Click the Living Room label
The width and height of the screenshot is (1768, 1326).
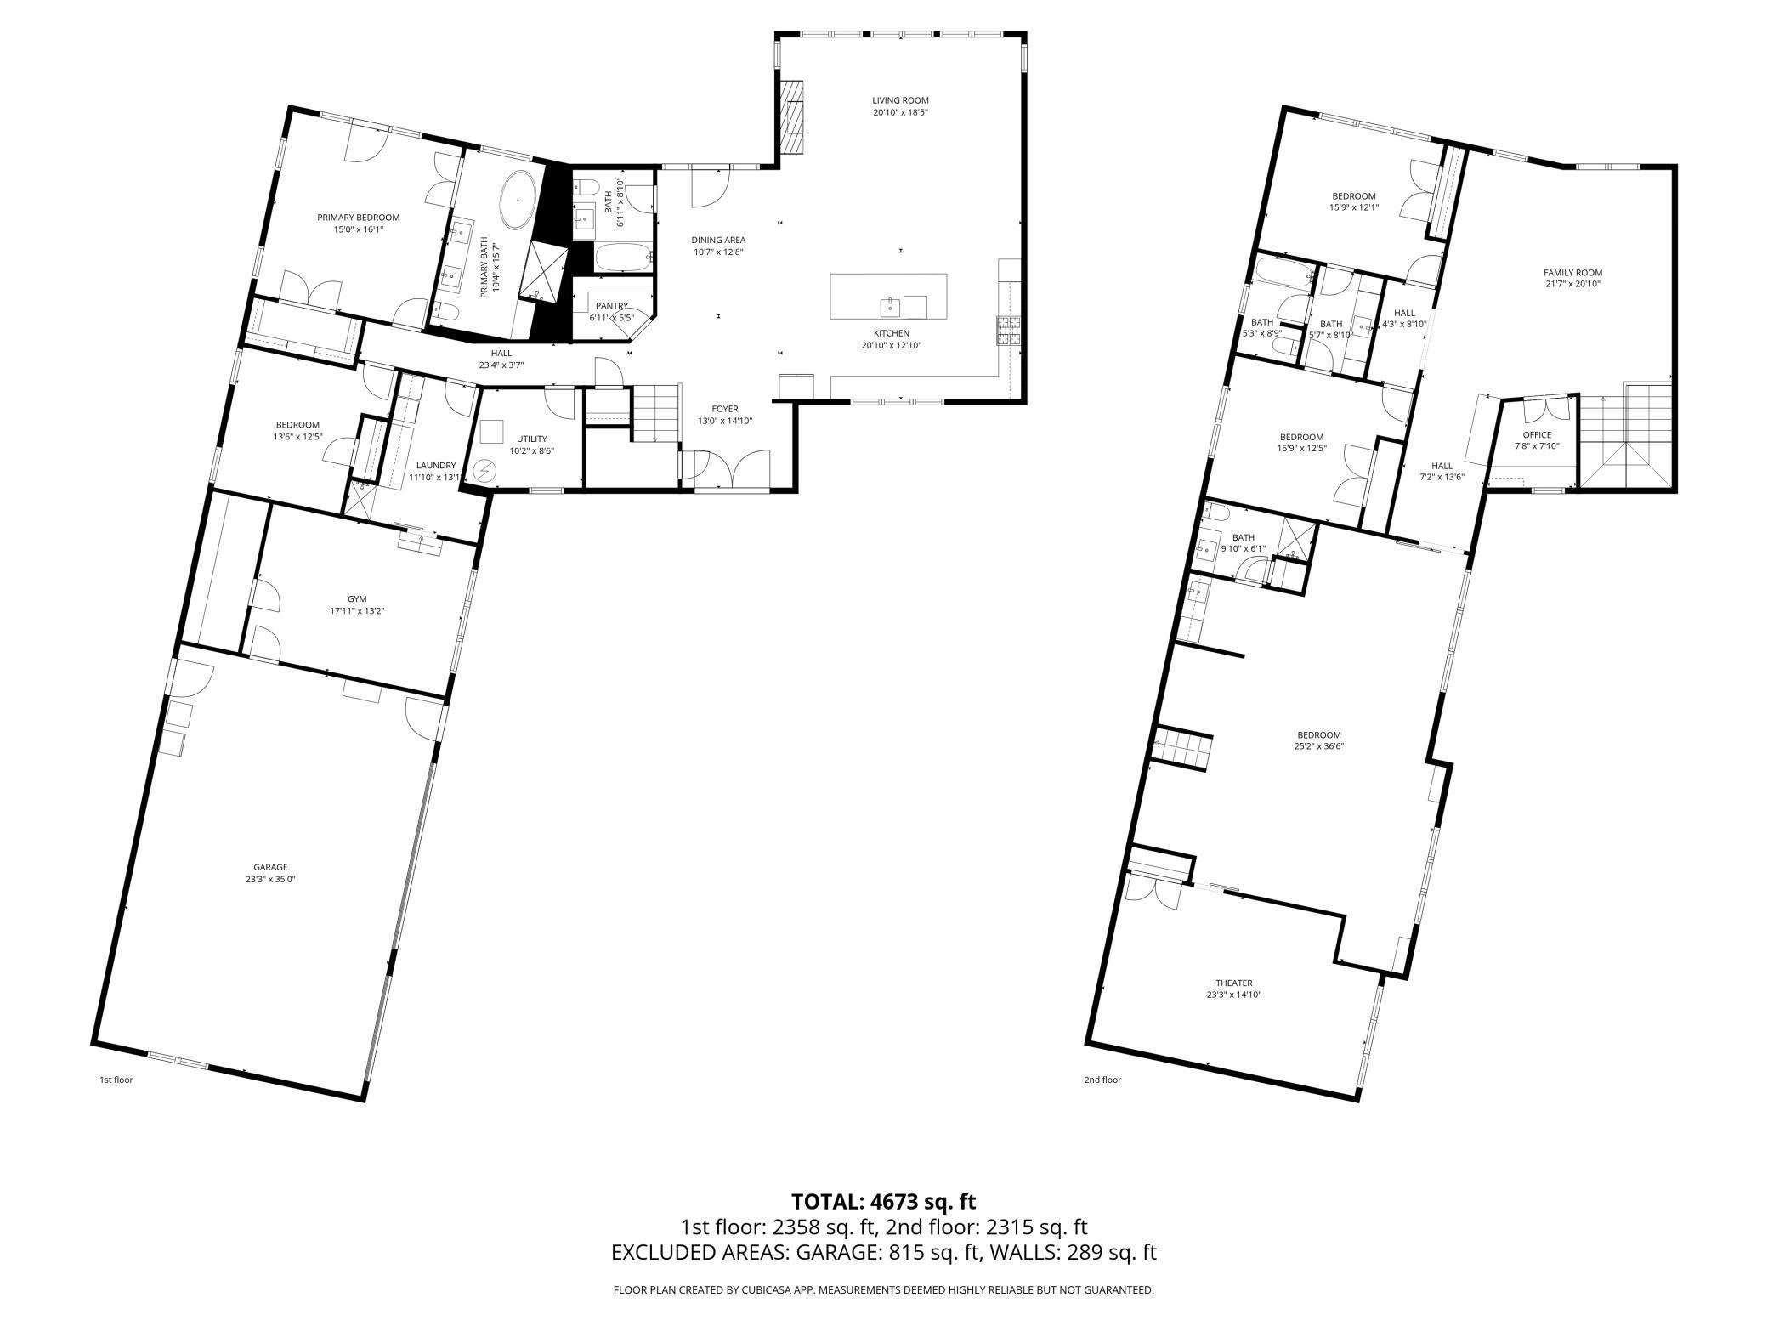900,100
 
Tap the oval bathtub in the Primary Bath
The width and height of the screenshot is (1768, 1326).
518,201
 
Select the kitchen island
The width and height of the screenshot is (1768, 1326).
888,297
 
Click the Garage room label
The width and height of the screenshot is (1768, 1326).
269,867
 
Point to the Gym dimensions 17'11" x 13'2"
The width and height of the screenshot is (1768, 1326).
359,610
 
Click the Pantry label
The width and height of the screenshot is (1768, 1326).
611,306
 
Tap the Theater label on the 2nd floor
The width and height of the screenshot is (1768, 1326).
1233,983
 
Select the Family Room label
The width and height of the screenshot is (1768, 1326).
1572,273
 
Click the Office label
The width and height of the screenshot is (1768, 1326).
1537,435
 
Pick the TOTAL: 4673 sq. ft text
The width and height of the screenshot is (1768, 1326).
884,1202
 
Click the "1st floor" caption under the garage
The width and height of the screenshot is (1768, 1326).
116,1080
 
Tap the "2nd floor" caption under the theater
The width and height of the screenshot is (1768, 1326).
1102,1080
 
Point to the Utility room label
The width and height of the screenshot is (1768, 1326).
531,439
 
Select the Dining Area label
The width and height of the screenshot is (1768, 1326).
718,240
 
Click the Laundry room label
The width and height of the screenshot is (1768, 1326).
436,466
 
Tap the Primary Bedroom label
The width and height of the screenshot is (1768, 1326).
358,218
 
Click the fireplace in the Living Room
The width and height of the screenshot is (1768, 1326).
792,118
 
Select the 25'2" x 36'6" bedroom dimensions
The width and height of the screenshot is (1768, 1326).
1319,746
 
